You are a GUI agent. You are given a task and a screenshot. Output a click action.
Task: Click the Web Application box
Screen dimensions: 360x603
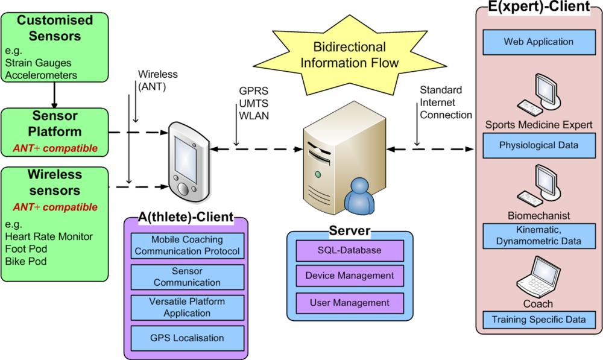pyautogui.click(x=538, y=42)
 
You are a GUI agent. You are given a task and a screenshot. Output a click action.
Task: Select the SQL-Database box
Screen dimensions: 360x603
pyautogui.click(x=350, y=250)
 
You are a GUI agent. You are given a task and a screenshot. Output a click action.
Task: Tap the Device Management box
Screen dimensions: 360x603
pyautogui.click(x=350, y=276)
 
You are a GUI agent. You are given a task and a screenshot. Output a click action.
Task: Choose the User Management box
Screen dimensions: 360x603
pyautogui.click(x=350, y=303)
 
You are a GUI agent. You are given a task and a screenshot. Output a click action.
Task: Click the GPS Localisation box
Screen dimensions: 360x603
pyautogui.click(x=187, y=338)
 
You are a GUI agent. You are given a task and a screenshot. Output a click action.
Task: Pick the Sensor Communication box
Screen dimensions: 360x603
pyautogui.click(x=187, y=277)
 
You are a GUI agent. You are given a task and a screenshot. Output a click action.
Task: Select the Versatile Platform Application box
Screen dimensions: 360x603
pyautogui.click(x=187, y=308)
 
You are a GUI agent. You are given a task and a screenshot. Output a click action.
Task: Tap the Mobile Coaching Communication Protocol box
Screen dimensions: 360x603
pyautogui.click(x=187, y=245)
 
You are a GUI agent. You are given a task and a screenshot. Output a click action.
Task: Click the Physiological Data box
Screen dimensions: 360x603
pyautogui.click(x=538, y=145)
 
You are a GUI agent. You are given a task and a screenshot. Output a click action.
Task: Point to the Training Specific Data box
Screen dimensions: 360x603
pyautogui.click(x=538, y=320)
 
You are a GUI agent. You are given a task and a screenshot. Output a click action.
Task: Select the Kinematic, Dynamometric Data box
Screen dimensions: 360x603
pyautogui.click(x=538, y=236)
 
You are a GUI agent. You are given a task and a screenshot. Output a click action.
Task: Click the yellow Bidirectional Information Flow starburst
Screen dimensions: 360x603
pyautogui.click(x=349, y=55)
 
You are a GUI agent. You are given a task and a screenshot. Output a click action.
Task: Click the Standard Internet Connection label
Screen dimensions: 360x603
pyautogui.click(x=446, y=103)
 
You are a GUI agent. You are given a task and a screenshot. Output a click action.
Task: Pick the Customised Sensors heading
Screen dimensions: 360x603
pyautogui.click(x=55, y=28)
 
